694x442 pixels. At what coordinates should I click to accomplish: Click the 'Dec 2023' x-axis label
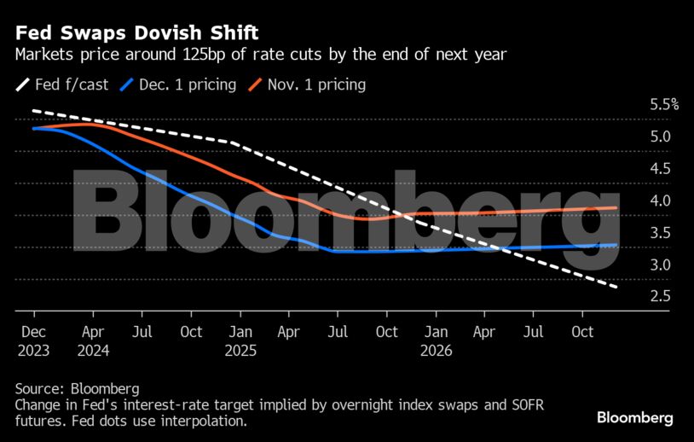pyautogui.click(x=34, y=340)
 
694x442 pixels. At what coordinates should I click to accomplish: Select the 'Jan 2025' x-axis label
pyautogui.click(x=240, y=340)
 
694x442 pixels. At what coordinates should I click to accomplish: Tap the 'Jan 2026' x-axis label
pyautogui.click(x=436, y=340)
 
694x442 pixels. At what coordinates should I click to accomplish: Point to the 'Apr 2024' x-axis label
pyautogui.click(x=93, y=340)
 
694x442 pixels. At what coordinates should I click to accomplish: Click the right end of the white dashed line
pyautogui.click(x=616, y=286)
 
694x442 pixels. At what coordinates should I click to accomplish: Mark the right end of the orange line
pyautogui.click(x=616, y=207)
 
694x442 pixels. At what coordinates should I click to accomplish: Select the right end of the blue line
pyautogui.click(x=616, y=245)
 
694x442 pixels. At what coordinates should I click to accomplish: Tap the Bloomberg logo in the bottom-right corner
pyautogui.click(x=634, y=418)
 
